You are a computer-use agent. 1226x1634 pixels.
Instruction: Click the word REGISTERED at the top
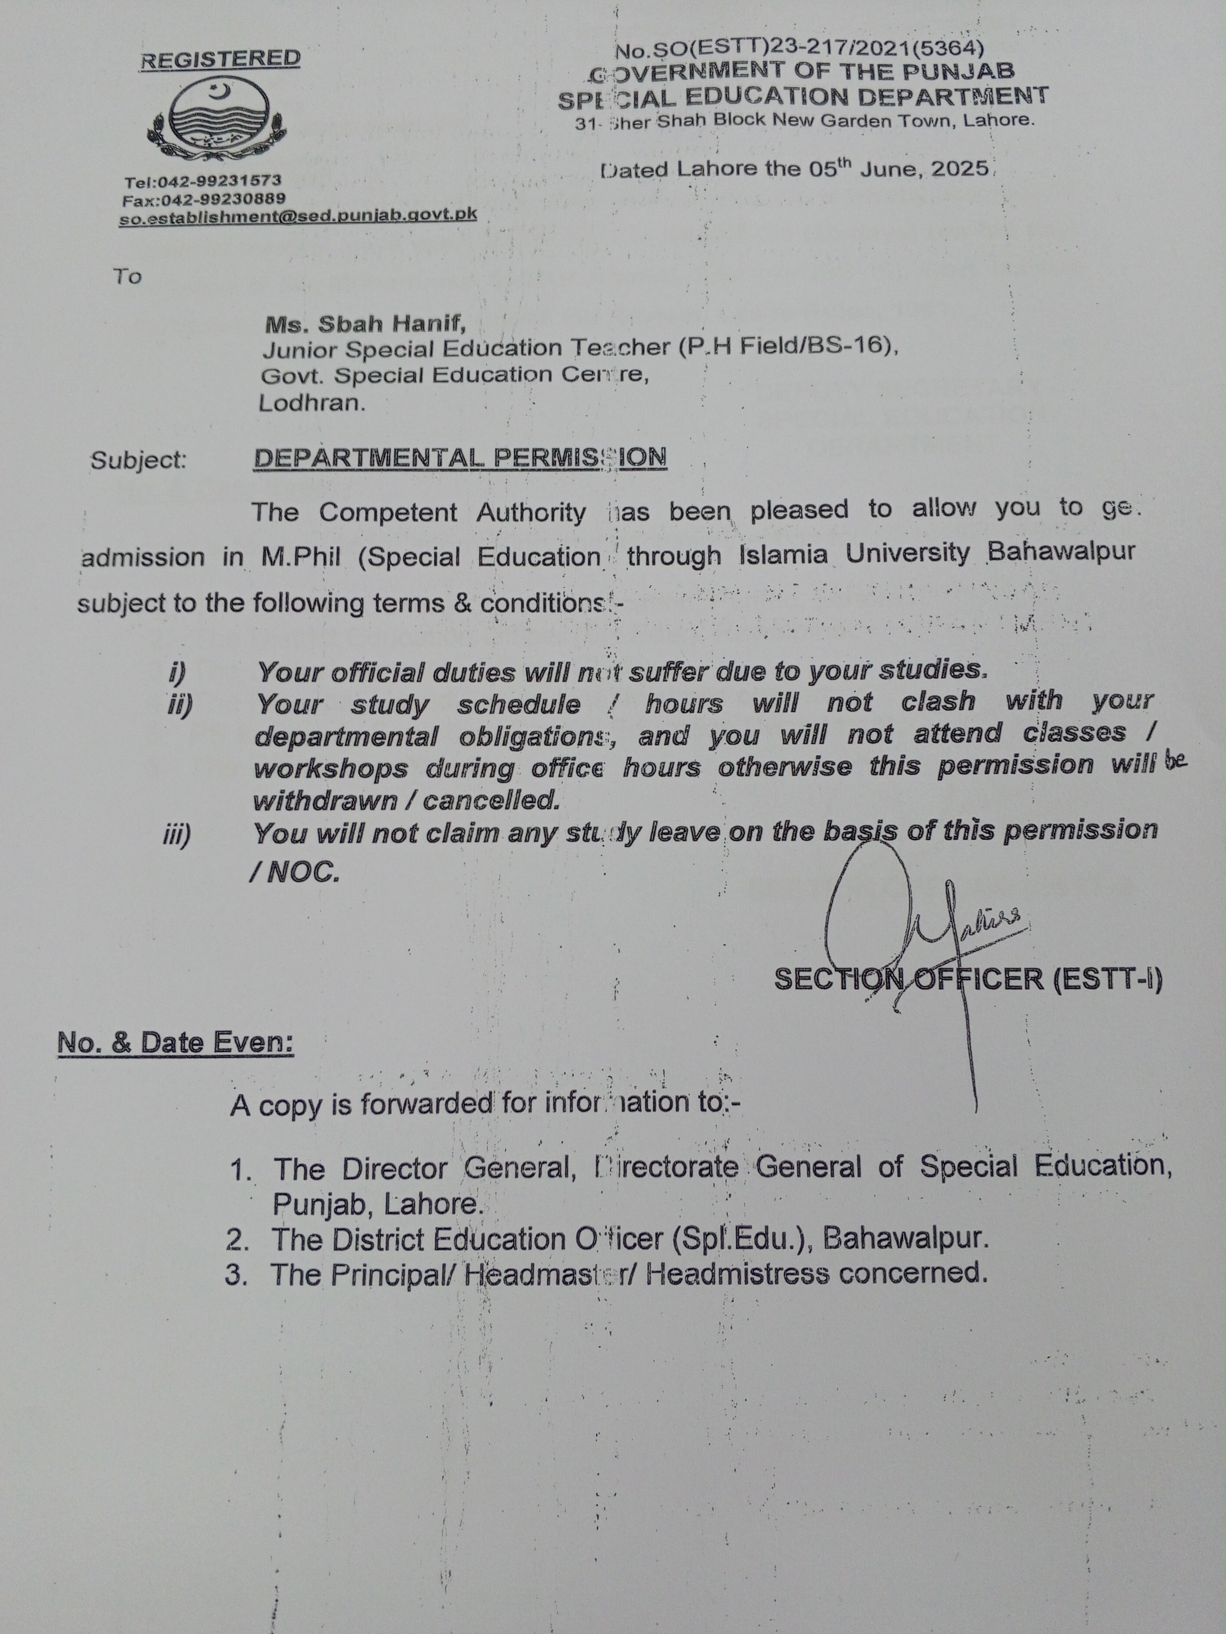pyautogui.click(x=220, y=59)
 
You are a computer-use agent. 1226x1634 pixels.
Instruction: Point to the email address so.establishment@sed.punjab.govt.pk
pyautogui.click(x=298, y=216)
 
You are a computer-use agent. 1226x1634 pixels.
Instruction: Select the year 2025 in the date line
pyautogui.click(x=959, y=168)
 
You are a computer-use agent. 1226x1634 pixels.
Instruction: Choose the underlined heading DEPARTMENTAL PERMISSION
pyautogui.click(x=460, y=458)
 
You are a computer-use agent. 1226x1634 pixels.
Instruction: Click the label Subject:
pyautogui.click(x=138, y=460)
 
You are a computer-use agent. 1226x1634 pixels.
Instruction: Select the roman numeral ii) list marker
pyautogui.click(x=179, y=706)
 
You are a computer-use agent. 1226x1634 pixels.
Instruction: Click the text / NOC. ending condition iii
pyautogui.click(x=296, y=873)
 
